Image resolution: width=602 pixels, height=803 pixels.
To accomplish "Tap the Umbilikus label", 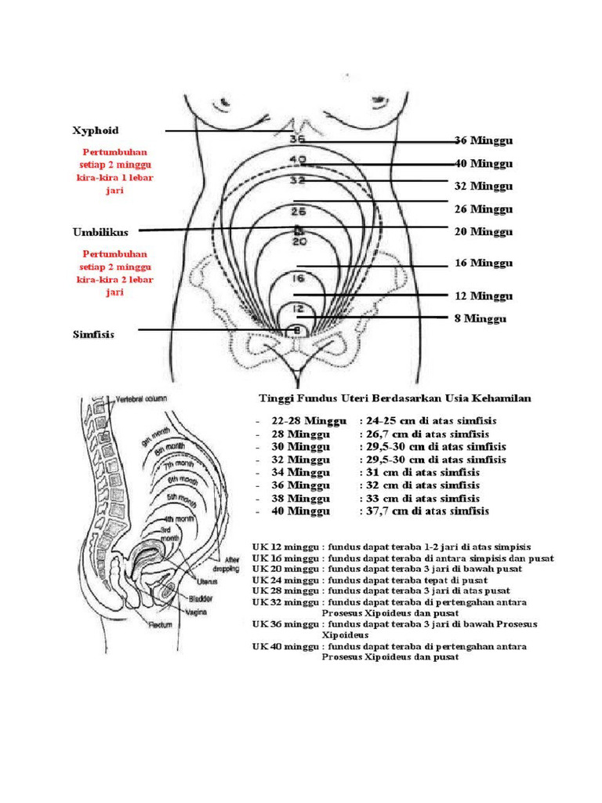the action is click(100, 232).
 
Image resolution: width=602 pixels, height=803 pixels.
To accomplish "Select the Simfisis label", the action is click(93, 334).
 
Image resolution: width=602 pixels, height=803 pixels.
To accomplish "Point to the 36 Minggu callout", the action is click(484, 141).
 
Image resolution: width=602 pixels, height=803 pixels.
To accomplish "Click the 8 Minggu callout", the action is click(480, 319).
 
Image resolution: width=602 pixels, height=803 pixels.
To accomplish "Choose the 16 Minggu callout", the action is click(484, 263).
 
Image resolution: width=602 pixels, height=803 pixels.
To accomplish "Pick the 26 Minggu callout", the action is click(484, 209).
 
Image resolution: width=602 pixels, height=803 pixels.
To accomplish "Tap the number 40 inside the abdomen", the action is click(297, 160).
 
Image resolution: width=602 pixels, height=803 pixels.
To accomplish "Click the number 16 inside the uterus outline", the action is click(297, 278).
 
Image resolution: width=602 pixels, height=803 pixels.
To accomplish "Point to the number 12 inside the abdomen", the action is click(297, 309).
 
